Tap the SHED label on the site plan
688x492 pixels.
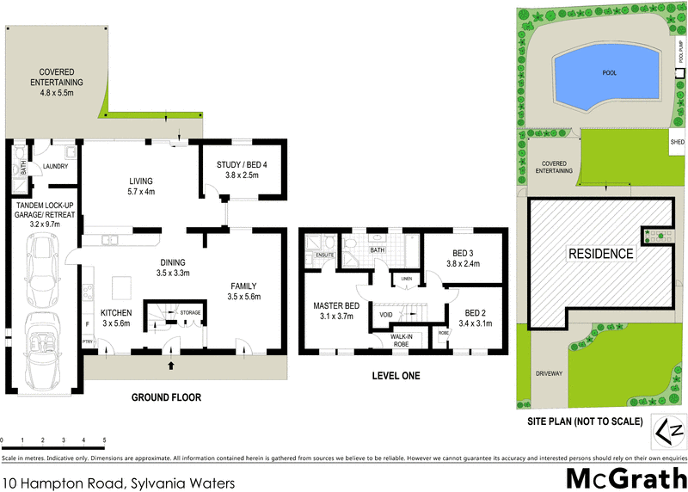point(677,141)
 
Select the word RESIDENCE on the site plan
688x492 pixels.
point(599,254)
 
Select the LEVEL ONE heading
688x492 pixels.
point(396,376)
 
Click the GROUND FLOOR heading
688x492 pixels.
point(165,397)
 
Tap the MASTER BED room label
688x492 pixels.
point(336,304)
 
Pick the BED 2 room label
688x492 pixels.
point(476,312)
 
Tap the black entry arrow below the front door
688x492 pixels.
point(170,365)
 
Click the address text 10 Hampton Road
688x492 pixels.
point(65,483)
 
